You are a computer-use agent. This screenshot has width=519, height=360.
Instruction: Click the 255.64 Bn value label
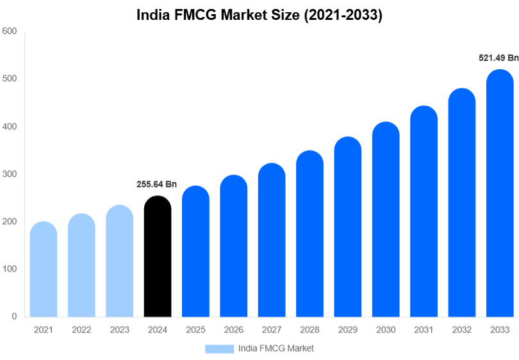[156, 184]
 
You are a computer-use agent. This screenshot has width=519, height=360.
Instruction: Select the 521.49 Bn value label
[498, 58]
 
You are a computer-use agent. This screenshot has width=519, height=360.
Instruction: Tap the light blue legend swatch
[219, 348]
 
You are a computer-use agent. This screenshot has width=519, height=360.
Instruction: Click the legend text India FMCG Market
[276, 348]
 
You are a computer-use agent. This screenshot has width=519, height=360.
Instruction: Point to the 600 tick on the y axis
[9, 31]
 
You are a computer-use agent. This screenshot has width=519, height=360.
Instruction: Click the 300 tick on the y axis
[9, 174]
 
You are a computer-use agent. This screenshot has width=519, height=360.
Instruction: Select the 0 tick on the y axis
[13, 316]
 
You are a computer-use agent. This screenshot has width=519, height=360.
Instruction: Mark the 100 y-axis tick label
[9, 269]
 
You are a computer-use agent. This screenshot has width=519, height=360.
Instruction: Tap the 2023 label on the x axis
[119, 330]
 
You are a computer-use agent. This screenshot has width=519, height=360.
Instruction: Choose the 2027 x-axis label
[272, 330]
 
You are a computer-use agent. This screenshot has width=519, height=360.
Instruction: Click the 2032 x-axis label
[461, 330]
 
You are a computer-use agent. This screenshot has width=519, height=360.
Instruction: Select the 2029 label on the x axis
[347, 330]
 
